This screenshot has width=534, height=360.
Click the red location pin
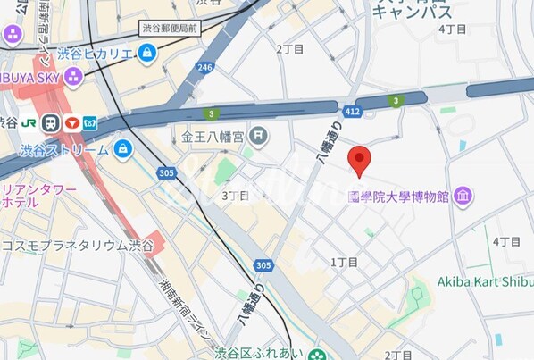point(359,160)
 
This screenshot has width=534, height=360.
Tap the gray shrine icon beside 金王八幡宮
point(258,137)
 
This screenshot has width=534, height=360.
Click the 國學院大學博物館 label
point(397,197)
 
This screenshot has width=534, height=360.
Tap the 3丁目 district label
point(235,196)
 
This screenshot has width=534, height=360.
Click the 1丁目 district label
point(344,263)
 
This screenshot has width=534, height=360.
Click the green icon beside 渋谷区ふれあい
point(317,355)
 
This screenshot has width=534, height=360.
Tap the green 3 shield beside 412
point(396,101)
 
